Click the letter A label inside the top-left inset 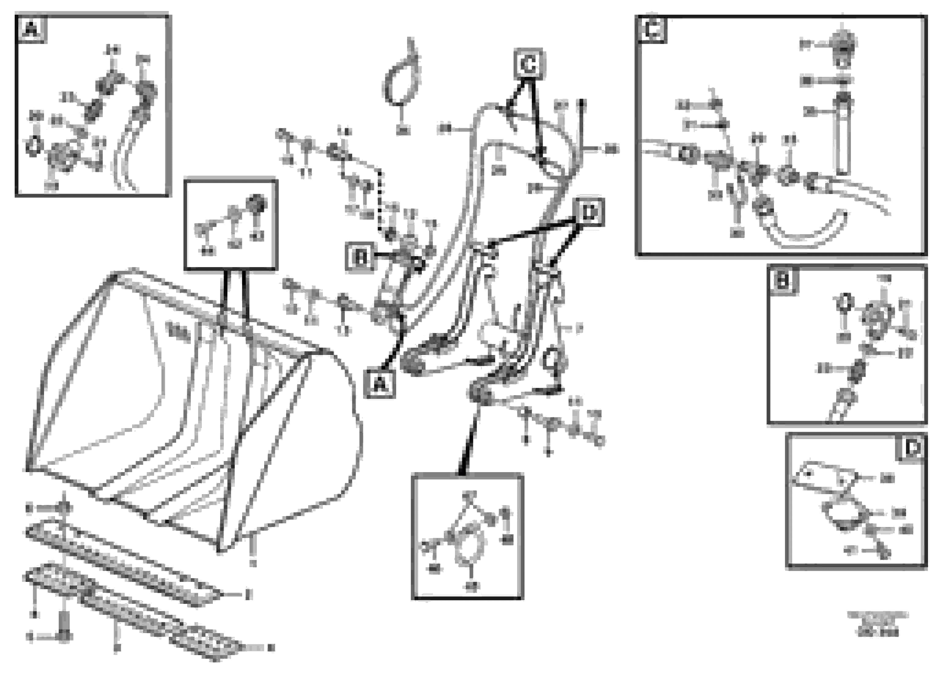coord(31,30)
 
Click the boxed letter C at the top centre coord(529,64)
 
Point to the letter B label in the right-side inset coord(782,281)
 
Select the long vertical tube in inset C coord(842,140)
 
